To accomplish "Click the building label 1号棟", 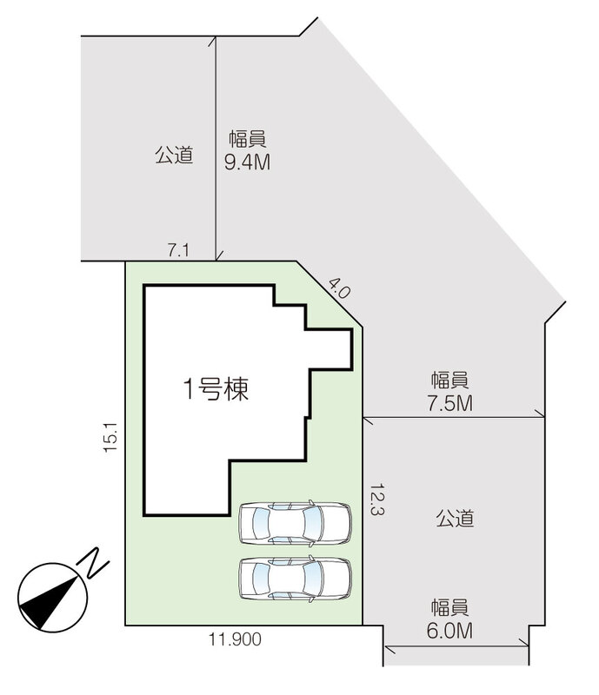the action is point(216,389).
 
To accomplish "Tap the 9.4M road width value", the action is point(247,162).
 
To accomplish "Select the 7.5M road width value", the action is point(450,403).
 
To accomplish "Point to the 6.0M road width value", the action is point(449,631).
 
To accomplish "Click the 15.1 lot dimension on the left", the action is point(110,437).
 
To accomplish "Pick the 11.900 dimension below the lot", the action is point(235,639).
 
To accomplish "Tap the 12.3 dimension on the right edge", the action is point(376,499).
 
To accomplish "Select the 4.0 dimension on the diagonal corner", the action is point(340,288).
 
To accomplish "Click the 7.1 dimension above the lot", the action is point(178,251).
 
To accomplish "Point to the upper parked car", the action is point(295,523).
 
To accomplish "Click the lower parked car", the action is point(295,579).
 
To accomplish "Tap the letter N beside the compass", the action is point(92,563).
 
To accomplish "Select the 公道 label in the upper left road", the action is point(174,156).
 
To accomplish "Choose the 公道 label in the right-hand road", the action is point(455,518).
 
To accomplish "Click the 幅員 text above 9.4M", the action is point(248,139).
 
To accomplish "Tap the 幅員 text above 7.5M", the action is point(450,381).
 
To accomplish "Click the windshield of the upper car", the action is point(313,523).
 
